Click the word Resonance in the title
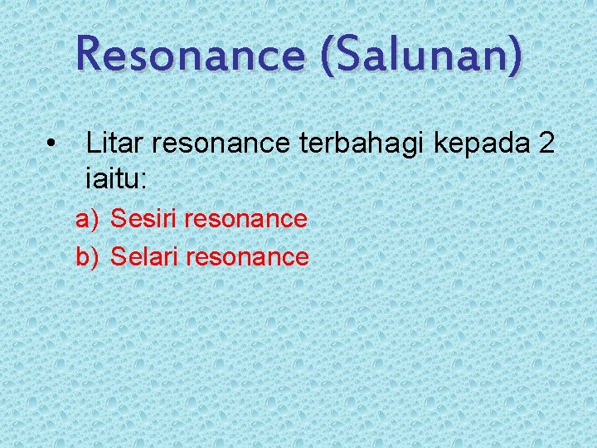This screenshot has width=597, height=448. pyautogui.click(x=189, y=56)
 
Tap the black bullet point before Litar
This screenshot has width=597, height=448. pyautogui.click(x=52, y=146)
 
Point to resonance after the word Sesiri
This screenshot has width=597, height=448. pyautogui.click(x=246, y=220)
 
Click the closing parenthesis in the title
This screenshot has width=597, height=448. pyautogui.click(x=516, y=56)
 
